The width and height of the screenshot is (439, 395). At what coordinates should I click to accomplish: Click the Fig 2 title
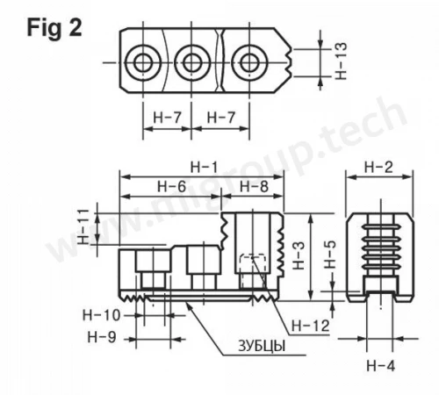(x=54, y=28)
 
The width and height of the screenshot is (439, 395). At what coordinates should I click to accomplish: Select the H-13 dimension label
(x=341, y=61)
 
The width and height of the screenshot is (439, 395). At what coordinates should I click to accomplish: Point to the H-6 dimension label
(x=171, y=186)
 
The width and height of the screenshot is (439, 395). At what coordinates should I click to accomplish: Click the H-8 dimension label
(x=254, y=186)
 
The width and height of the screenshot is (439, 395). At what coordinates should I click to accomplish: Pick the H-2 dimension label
(x=378, y=168)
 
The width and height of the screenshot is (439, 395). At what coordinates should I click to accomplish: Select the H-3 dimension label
(x=299, y=255)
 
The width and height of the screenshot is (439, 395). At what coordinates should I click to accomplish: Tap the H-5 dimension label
(x=330, y=255)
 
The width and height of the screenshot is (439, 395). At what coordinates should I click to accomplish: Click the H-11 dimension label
(x=83, y=226)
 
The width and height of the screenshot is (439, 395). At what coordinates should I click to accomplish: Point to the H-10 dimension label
(x=102, y=315)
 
